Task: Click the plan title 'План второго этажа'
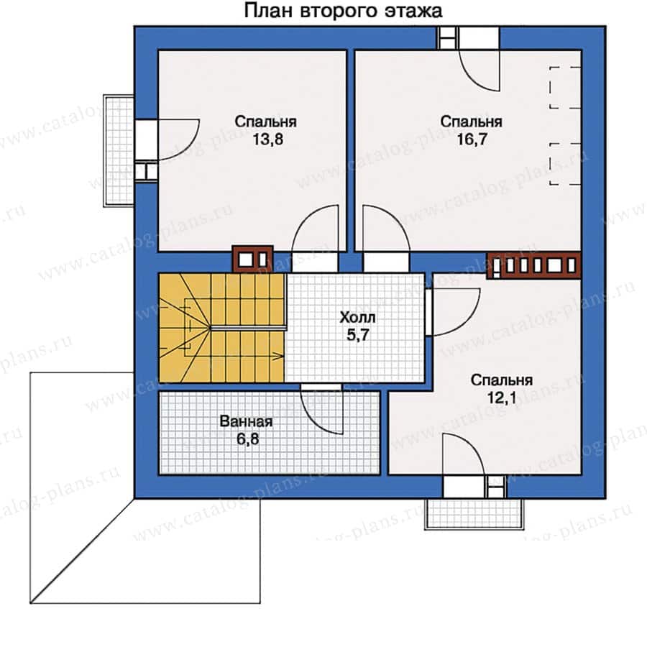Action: pos(343,12)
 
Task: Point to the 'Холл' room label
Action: pos(357,316)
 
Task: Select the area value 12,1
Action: pos(502,398)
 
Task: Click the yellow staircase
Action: pos(221,328)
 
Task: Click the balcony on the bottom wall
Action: pos(474,512)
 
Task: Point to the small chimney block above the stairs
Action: pos(252,257)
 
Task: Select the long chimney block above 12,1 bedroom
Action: pos(533,265)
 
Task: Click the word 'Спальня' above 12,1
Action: pos(502,380)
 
